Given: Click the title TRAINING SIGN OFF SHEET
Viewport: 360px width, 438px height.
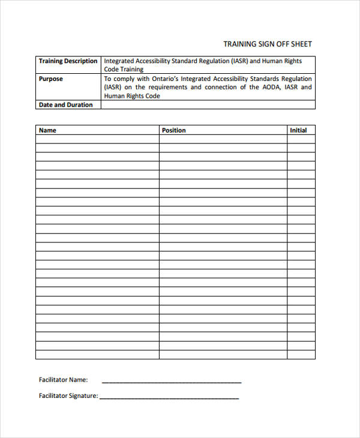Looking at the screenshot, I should click(268, 44).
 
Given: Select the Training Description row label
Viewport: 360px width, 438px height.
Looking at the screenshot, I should click(68, 61).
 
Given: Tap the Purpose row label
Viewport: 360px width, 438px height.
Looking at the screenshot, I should click(50, 79).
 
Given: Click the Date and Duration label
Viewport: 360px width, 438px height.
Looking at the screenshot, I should click(65, 105).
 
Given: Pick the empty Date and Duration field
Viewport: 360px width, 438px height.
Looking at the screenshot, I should click(208, 105).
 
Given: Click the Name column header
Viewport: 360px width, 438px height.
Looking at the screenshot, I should click(47, 130).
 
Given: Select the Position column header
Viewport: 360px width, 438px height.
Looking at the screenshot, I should click(174, 130).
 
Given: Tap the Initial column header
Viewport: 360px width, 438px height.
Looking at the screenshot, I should click(298, 130).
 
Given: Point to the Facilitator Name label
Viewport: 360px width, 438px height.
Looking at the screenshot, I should click(63, 380).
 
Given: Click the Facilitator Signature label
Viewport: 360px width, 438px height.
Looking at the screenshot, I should click(68, 396).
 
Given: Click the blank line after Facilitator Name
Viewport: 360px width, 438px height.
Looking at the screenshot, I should click(172, 381).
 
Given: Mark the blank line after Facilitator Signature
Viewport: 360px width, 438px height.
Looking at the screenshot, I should click(169, 397).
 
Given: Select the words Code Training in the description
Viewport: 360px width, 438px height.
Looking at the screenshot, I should click(124, 70).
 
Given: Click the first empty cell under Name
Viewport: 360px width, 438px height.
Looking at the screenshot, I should click(97, 139).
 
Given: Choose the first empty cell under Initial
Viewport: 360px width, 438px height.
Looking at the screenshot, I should click(301, 139).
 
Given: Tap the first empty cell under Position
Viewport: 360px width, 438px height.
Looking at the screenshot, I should click(223, 139).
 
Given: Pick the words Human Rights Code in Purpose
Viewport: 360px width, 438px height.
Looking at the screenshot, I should click(132, 96).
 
